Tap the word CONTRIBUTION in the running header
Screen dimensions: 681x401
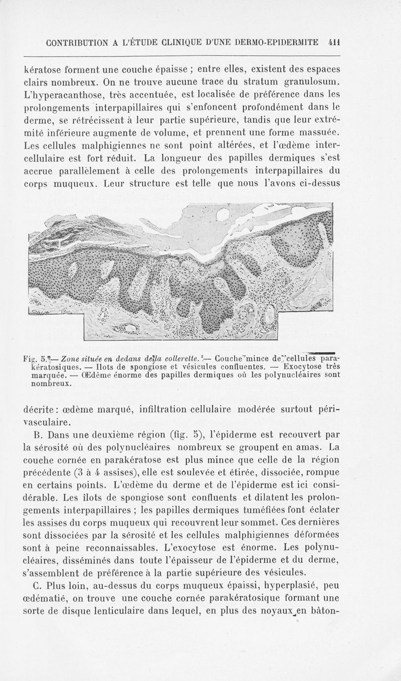pos(79,43)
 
